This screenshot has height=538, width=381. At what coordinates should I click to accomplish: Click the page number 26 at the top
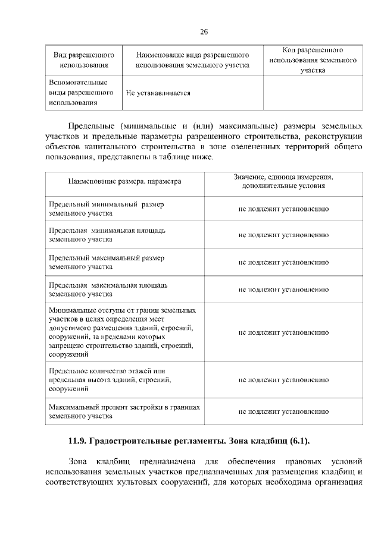pyautogui.click(x=203, y=32)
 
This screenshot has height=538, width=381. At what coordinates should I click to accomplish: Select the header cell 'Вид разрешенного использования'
pyautogui.click(x=84, y=60)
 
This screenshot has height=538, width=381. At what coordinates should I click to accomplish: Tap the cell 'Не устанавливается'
pyautogui.click(x=158, y=93)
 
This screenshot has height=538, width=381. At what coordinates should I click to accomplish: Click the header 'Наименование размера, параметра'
pyautogui.click(x=124, y=181)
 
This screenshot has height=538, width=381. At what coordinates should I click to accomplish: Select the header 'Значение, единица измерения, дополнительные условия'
pyautogui.click(x=283, y=181)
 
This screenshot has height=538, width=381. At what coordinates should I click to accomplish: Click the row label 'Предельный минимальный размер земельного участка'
pyautogui.click(x=107, y=209)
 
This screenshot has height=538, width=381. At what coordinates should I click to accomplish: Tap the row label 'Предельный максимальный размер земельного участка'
pyautogui.click(x=107, y=262)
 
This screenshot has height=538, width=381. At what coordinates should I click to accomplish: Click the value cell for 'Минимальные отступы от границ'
pyautogui.click(x=283, y=334)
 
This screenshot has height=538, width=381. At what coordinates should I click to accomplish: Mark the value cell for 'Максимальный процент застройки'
pyautogui.click(x=283, y=411)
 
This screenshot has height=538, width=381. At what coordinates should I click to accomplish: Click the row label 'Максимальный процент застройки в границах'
pyautogui.click(x=123, y=411)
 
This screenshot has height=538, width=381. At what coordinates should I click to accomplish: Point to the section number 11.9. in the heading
pyautogui.click(x=77, y=441)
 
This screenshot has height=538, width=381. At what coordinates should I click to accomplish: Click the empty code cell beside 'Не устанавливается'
pyautogui.click(x=313, y=93)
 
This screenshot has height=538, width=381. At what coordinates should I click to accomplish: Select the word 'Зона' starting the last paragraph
pyautogui.click(x=78, y=461)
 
